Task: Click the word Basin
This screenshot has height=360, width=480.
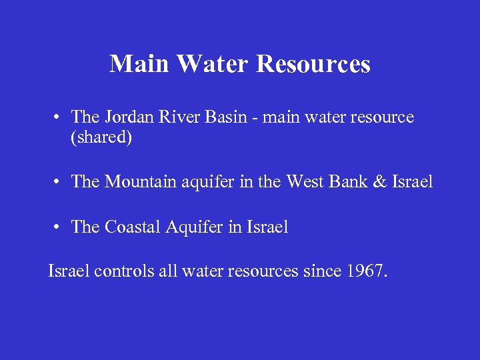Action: [x=230, y=117]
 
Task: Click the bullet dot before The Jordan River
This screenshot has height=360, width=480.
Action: [x=59, y=118]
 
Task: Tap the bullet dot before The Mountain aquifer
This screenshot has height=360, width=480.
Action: [x=59, y=182]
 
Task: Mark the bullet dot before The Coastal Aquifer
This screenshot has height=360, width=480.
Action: [x=59, y=227]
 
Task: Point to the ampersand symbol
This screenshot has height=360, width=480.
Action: [x=381, y=181]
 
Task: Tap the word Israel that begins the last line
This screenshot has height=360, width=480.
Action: [x=69, y=271]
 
